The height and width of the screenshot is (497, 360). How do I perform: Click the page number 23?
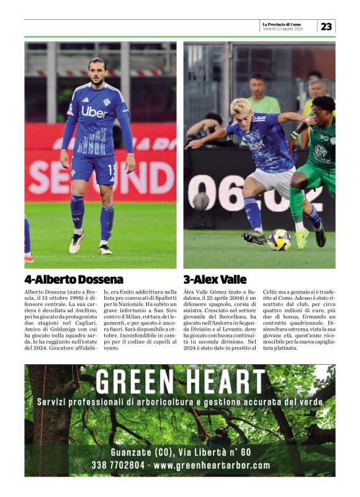(x=326, y=26)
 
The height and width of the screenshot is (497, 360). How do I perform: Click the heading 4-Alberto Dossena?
(x=74, y=279)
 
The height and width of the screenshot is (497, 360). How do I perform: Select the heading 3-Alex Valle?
(x=215, y=279)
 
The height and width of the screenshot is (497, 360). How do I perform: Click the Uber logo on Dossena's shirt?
(x=94, y=112)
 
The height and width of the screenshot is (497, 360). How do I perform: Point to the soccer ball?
(x=279, y=240)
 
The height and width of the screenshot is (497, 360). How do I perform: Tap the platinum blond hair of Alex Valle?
(x=241, y=106)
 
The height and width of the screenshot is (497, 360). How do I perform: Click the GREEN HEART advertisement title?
(x=180, y=382)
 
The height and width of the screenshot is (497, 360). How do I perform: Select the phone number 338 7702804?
(x=118, y=465)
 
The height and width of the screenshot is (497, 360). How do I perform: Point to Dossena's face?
(x=96, y=73)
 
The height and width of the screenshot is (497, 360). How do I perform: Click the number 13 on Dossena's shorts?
(x=111, y=169)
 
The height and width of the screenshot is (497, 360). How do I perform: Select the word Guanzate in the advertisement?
(x=130, y=452)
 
